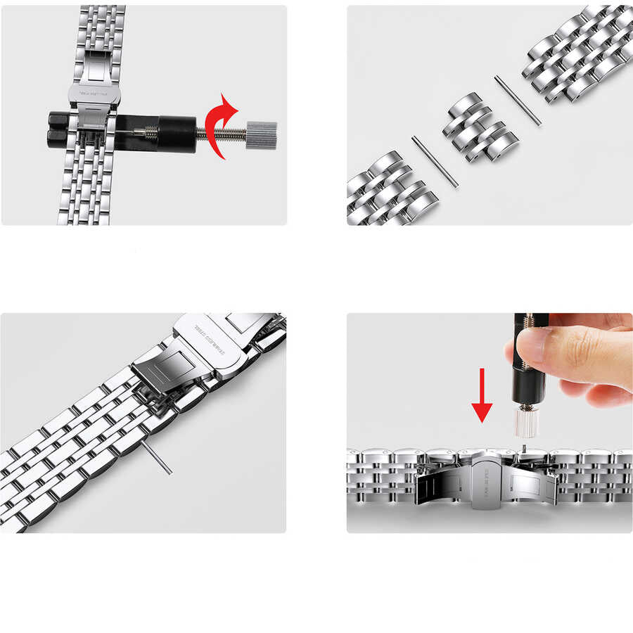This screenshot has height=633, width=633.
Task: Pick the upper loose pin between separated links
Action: (518, 101)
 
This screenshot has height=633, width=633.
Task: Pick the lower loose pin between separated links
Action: (435, 161)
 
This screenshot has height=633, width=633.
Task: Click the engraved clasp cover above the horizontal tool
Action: (94, 93)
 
